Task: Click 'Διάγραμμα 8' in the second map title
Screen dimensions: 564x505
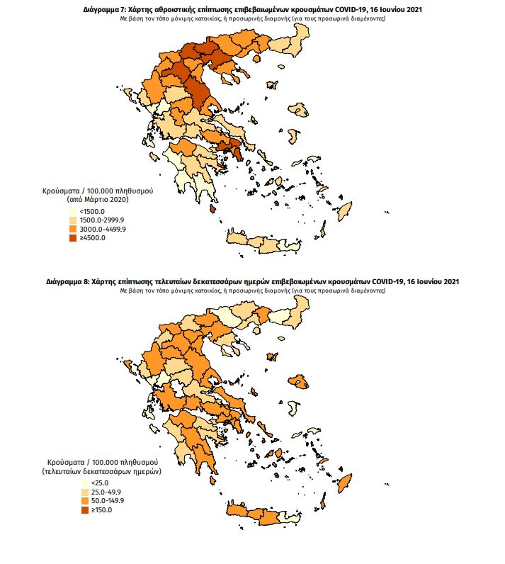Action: tap(69, 283)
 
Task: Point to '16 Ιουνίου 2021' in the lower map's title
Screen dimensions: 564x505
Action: tap(433, 283)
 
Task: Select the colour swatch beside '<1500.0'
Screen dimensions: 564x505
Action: tap(73, 212)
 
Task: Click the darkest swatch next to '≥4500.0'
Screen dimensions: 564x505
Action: tap(73, 237)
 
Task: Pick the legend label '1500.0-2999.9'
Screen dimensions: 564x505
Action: tap(102, 220)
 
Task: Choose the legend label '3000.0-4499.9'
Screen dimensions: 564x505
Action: tap(103, 229)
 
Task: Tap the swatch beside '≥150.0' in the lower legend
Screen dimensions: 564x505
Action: tap(73, 509)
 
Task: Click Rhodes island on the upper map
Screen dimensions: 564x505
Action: tap(345, 211)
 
